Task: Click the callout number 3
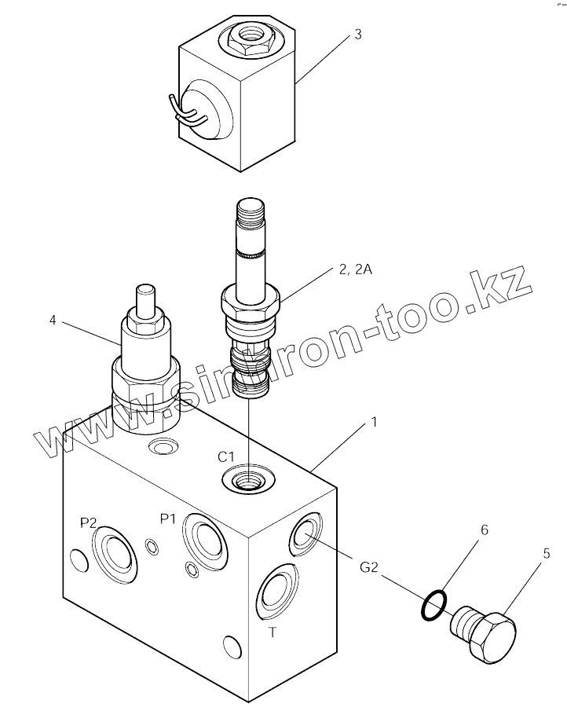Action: (357, 35)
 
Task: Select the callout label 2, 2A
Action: (356, 269)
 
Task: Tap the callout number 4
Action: (53, 321)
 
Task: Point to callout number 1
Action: (374, 422)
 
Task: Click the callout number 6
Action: (484, 530)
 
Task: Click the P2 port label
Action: (88, 523)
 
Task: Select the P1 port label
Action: (168, 518)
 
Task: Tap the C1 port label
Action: (227, 456)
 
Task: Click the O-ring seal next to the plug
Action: (433, 604)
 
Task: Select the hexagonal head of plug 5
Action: (492, 636)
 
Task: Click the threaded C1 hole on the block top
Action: (249, 478)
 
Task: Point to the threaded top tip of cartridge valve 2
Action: (251, 212)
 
